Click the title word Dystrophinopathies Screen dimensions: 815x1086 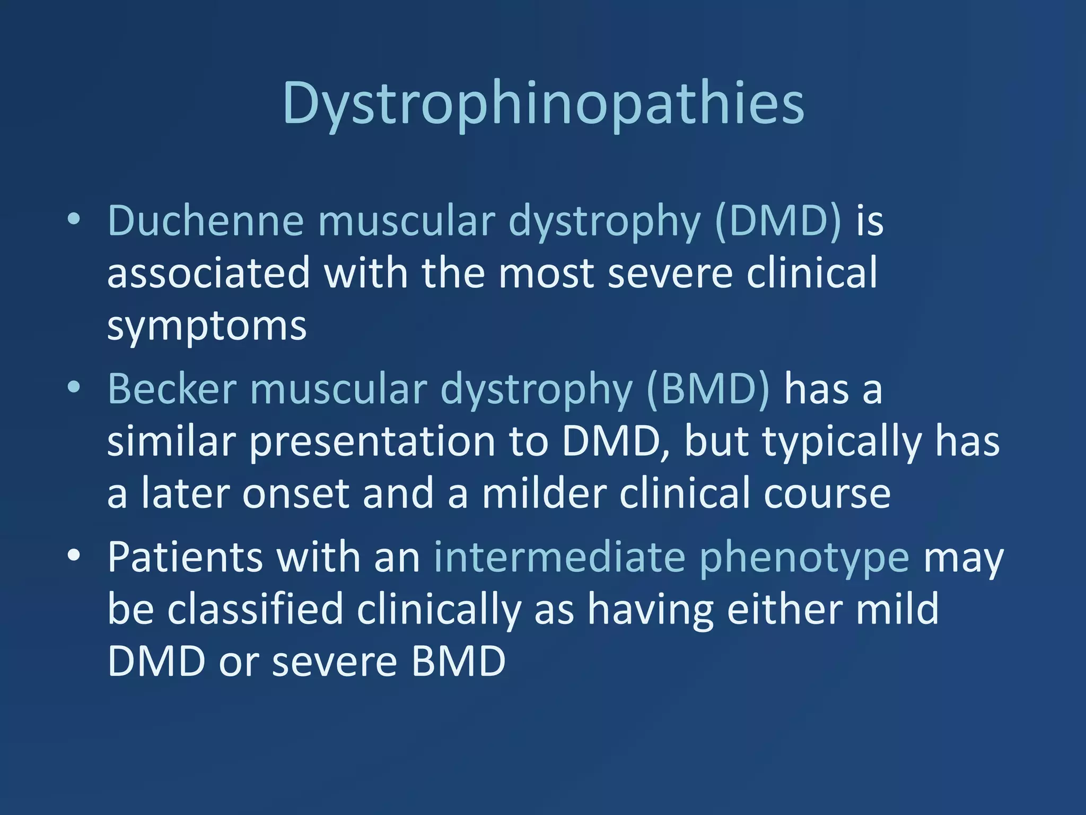tap(543, 103)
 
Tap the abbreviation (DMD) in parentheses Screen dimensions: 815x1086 tap(778, 221)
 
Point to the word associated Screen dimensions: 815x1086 tap(208, 273)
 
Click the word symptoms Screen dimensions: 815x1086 tap(207, 326)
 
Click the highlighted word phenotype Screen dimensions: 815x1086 tap(804, 558)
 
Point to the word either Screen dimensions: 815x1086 tap(784, 610)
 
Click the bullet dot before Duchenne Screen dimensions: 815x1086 tap(74, 220)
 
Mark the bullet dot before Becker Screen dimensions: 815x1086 tap(74, 388)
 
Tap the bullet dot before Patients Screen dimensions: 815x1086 tap(74, 556)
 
